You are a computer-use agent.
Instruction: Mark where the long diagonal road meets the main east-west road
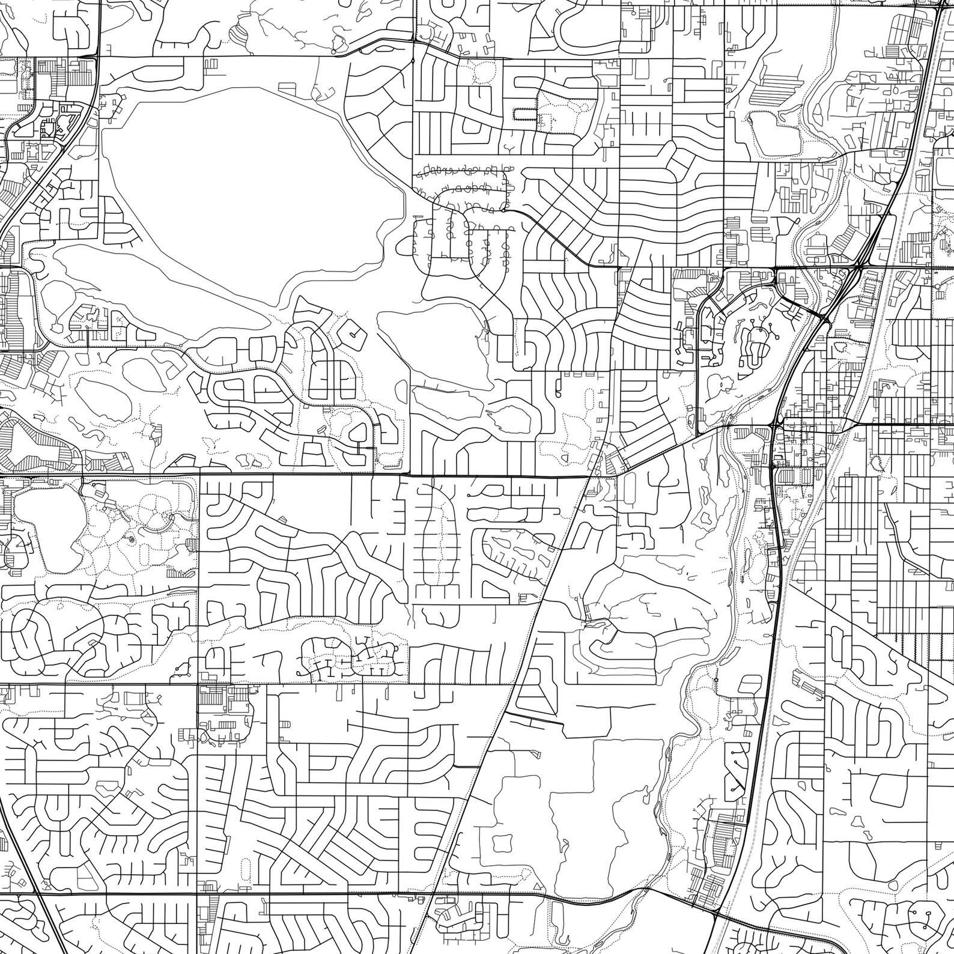pyautogui.click(x=589, y=476)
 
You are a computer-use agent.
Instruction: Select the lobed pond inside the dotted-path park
pyautogui.click(x=42, y=517)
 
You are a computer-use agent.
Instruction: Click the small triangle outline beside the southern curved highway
pyautogui.click(x=536, y=886)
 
